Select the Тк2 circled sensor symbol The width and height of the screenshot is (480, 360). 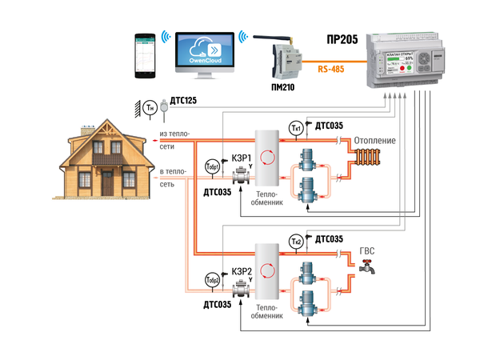point(295,243)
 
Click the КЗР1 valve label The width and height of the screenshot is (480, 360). point(242,158)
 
